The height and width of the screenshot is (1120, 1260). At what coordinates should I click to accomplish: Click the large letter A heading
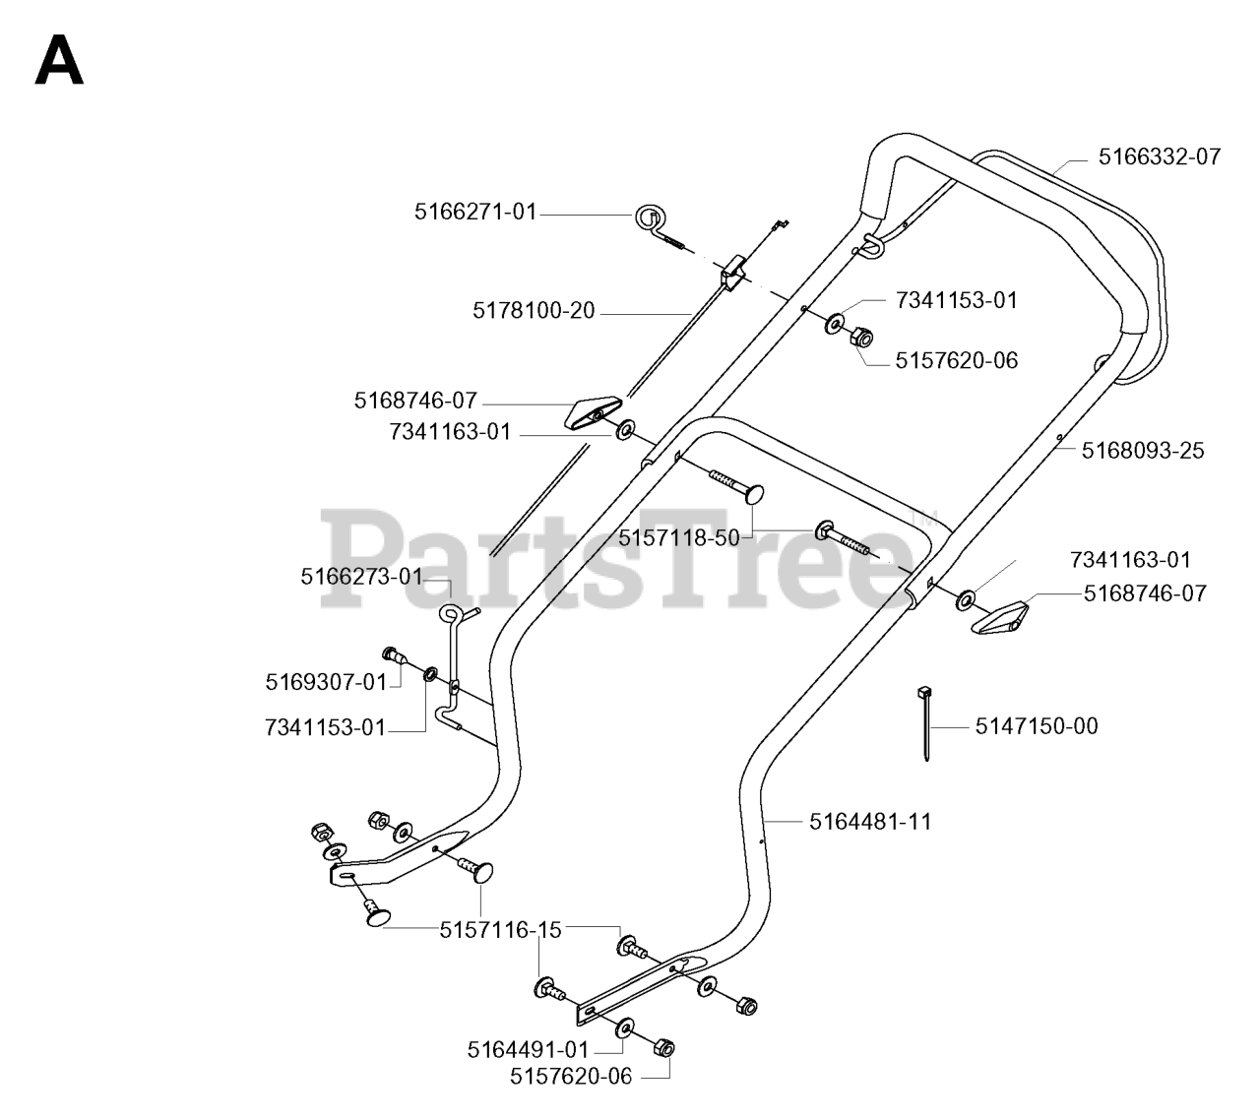click(59, 62)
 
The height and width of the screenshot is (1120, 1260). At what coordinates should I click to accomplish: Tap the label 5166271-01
click(475, 211)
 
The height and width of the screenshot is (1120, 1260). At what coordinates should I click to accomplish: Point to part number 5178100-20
click(534, 311)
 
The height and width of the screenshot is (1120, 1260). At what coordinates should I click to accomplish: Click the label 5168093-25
click(1142, 451)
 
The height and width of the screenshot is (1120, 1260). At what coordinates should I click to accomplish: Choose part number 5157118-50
click(678, 537)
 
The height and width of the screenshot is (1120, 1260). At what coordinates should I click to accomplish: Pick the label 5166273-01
click(360, 577)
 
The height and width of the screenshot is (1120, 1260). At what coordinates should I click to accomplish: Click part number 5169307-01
click(326, 681)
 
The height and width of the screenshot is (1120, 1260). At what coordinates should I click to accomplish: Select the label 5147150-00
click(1036, 726)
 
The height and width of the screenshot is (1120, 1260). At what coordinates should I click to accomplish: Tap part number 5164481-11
click(870, 821)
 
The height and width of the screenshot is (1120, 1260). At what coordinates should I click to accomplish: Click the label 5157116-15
click(500, 929)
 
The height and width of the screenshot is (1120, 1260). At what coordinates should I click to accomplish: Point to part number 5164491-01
click(527, 1050)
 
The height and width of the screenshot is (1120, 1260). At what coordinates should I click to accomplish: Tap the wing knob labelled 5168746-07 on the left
click(594, 414)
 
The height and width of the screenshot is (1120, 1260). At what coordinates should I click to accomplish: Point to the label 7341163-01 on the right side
click(1130, 560)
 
